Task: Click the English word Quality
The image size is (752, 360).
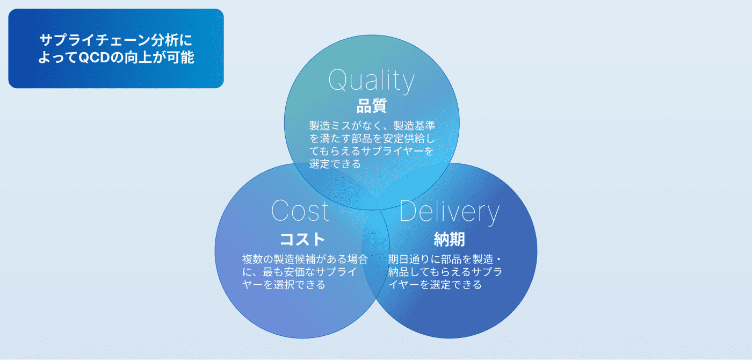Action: [371, 80]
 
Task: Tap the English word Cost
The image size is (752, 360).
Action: [300, 211]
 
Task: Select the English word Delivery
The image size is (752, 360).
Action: [450, 212]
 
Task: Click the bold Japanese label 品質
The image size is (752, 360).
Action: [372, 106]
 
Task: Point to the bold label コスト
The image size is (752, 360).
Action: [302, 240]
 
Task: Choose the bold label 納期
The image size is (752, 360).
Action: [449, 240]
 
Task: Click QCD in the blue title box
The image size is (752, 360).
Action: [94, 58]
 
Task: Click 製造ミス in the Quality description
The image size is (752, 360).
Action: [330, 126]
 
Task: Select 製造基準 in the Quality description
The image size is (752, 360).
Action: [414, 126]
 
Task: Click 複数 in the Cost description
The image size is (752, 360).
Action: [252, 259]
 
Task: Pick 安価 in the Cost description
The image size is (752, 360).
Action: [294, 272]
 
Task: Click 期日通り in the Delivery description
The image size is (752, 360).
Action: [409, 259]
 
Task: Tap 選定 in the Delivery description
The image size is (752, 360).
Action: [440, 284]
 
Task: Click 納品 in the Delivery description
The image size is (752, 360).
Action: [399, 272]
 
